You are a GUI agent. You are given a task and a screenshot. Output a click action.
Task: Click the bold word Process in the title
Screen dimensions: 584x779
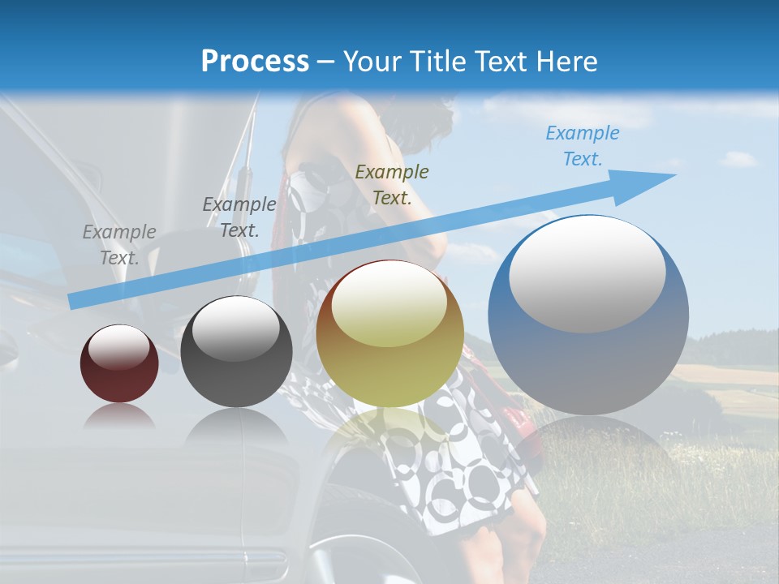255,62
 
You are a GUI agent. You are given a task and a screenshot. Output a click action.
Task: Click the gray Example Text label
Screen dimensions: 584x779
119,245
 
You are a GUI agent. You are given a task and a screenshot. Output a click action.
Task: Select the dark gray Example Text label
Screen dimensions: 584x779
239,217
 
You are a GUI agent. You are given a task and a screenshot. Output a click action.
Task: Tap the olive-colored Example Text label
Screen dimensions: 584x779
392,185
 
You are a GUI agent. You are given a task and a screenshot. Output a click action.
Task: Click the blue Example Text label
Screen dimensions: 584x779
583,146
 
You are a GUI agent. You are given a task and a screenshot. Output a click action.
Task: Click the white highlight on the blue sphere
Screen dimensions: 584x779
587,274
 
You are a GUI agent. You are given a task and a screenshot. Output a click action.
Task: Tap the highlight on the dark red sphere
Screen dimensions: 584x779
119,348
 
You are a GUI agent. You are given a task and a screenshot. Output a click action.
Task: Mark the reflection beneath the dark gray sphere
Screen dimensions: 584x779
236,426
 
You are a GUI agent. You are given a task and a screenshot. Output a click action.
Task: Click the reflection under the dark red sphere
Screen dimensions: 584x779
119,416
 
